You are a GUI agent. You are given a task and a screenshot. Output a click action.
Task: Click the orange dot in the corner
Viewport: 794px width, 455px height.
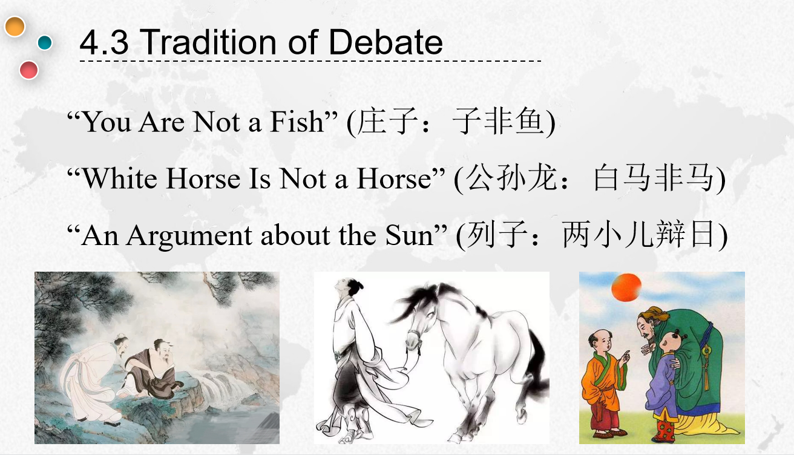click(15, 26)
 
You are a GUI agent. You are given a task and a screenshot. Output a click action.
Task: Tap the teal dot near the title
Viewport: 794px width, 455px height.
click(45, 42)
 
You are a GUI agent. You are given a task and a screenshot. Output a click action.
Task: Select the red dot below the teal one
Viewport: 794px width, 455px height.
click(28, 70)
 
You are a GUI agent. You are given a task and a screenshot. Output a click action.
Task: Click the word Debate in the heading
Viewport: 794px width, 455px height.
click(386, 42)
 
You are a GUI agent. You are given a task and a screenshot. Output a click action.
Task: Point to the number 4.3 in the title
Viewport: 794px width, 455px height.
click(104, 42)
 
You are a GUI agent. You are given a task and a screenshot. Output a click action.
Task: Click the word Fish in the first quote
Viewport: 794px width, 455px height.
click(297, 122)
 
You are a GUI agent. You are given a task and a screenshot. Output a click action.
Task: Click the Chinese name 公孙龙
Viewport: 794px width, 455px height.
click(511, 178)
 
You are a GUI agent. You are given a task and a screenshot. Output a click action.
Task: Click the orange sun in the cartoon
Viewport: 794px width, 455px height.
click(626, 287)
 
